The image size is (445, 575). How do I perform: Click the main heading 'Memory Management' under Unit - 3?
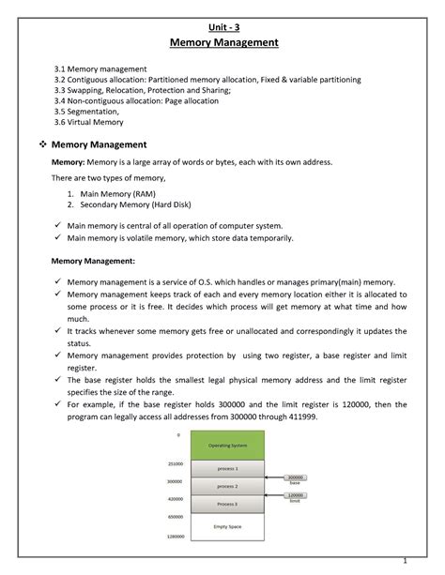pyautogui.click(x=222, y=43)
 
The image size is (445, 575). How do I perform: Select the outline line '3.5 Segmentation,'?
pyautogui.click(x=93, y=112)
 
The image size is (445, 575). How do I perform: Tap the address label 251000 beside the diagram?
pyautogui.click(x=175, y=463)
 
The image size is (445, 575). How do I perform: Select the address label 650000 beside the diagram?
pyautogui.click(x=175, y=517)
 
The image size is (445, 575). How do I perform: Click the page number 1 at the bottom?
pyautogui.click(x=404, y=561)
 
